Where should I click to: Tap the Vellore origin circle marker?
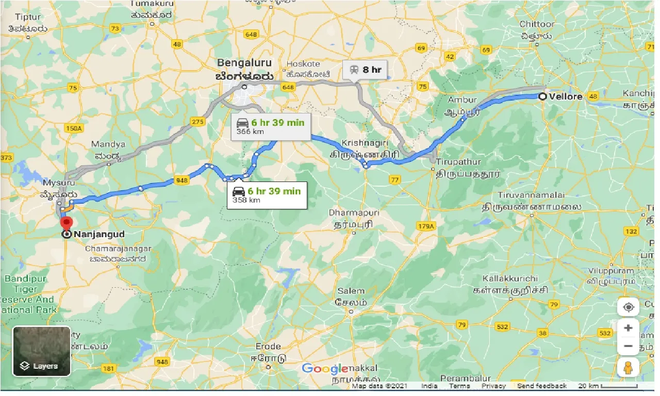click(x=542, y=96)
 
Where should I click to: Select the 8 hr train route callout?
click(x=365, y=69)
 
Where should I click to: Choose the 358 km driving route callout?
click(x=267, y=195)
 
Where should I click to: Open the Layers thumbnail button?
click(x=42, y=351)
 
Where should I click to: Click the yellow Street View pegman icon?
click(x=628, y=368)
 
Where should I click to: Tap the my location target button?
click(x=628, y=307)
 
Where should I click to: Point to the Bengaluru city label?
click(x=244, y=63)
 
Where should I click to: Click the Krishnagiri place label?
click(x=364, y=142)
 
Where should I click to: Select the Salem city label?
click(x=351, y=291)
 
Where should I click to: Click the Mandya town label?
click(x=108, y=144)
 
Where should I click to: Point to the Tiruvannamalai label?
click(x=531, y=195)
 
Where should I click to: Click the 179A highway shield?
click(x=426, y=226)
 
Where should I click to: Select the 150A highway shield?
click(x=74, y=128)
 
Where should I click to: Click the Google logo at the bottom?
click(x=325, y=368)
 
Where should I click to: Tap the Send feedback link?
click(x=541, y=386)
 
